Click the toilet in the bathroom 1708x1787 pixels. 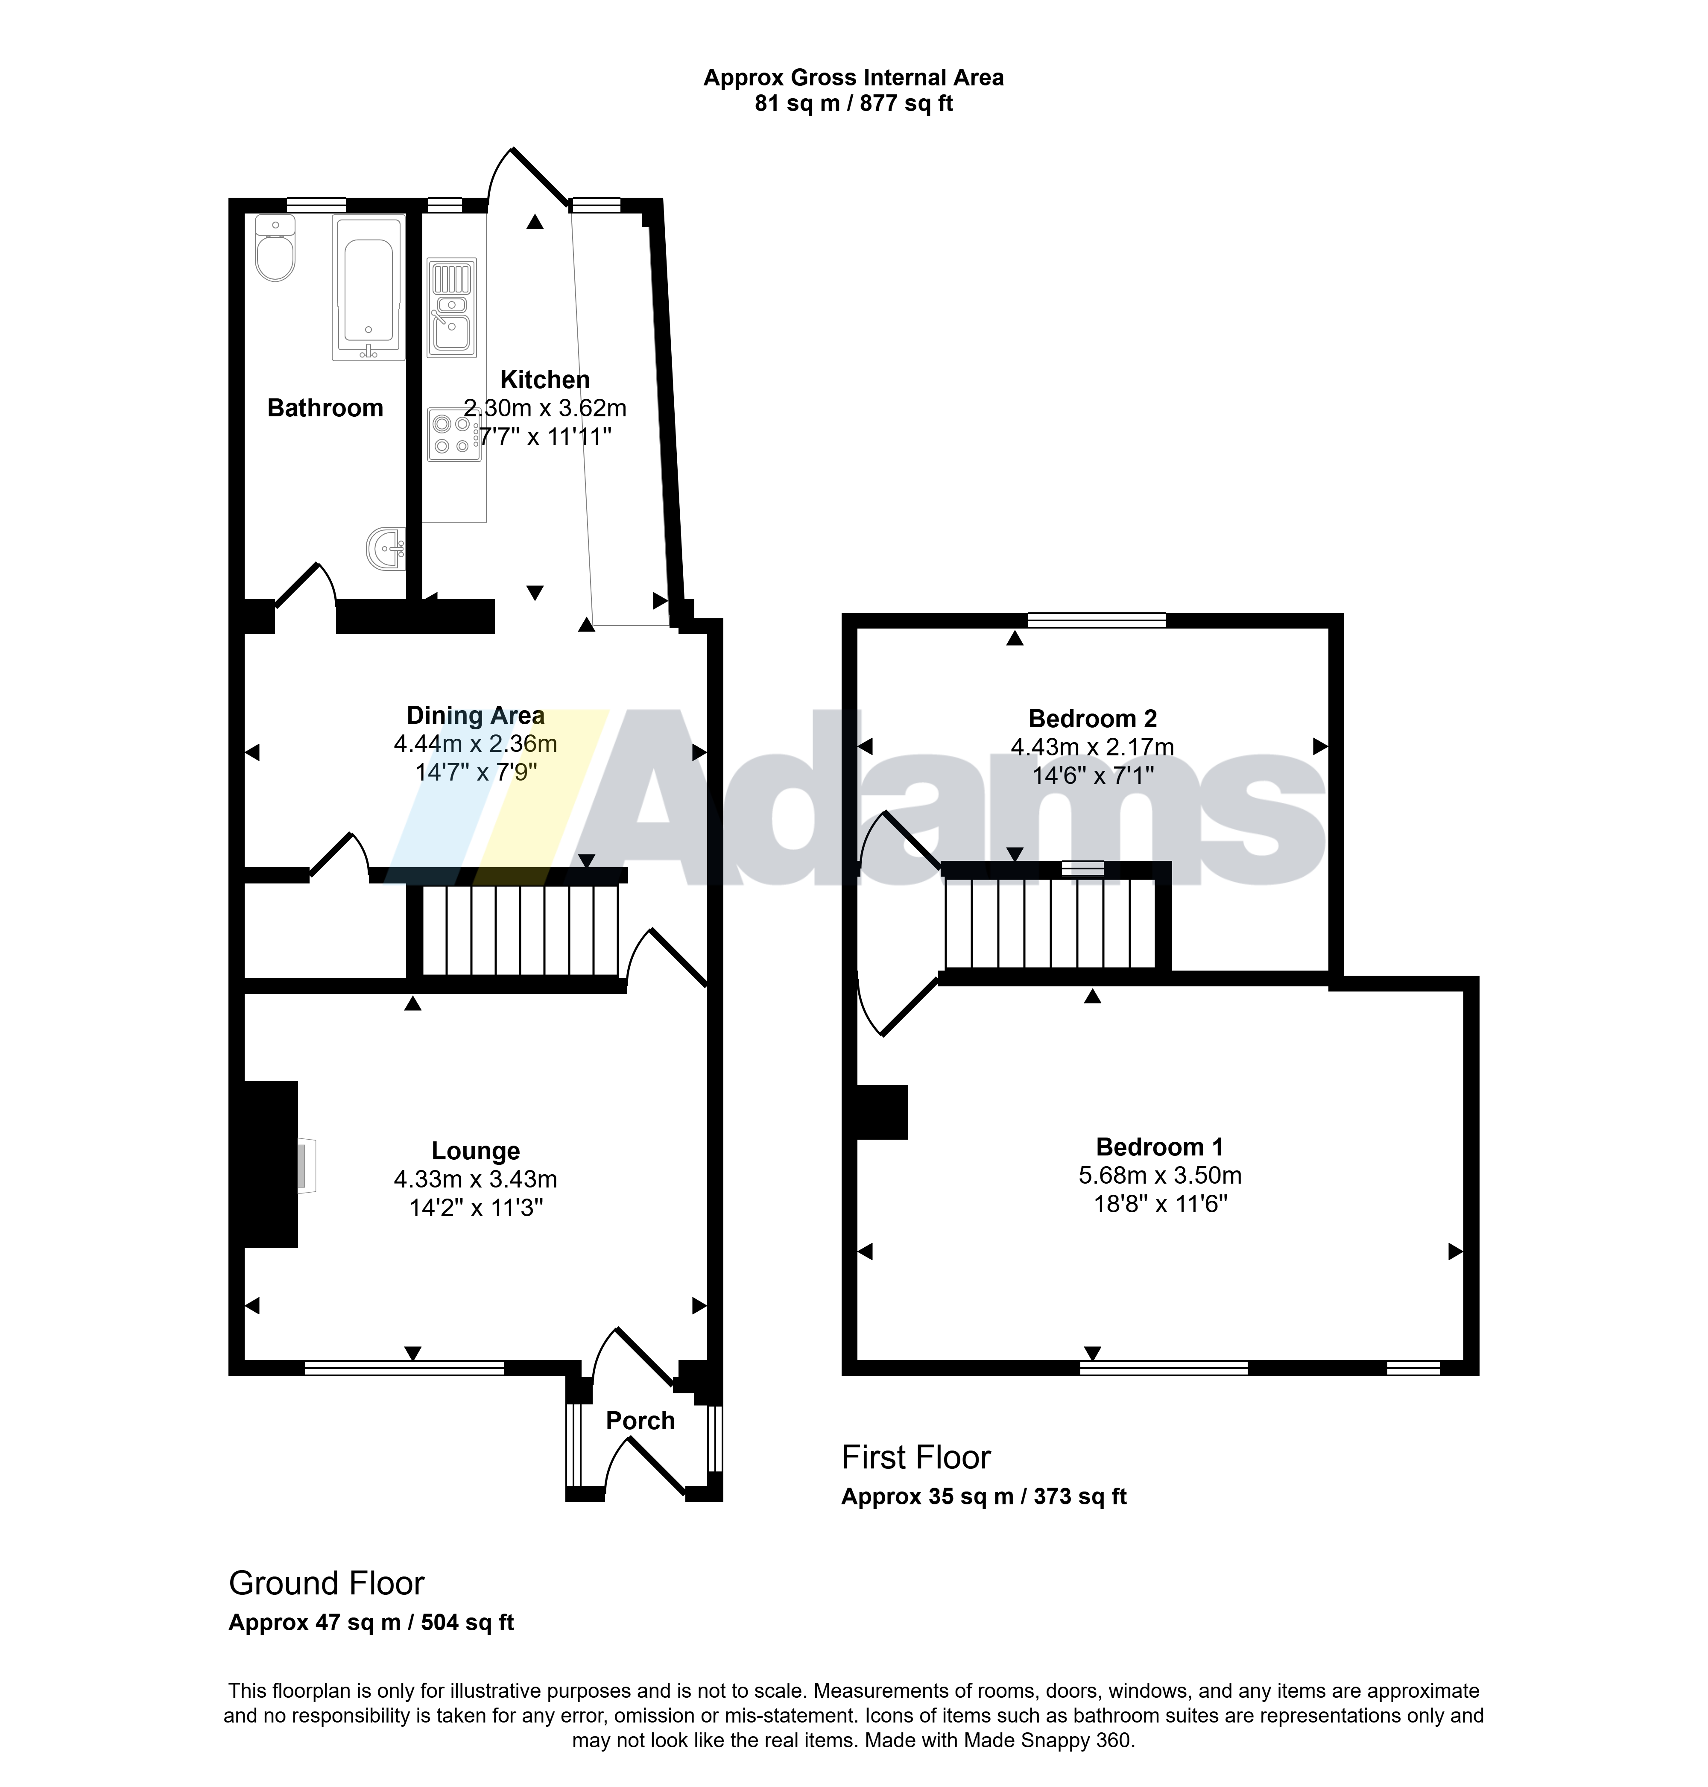(275, 248)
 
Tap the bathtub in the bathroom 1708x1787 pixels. (369, 288)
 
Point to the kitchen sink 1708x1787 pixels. (453, 308)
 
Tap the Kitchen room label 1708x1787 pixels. (545, 380)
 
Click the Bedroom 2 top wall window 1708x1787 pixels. (1097, 621)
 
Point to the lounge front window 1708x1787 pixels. (404, 1367)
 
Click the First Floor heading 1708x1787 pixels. (916, 1457)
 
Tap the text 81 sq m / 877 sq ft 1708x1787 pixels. (854, 104)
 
